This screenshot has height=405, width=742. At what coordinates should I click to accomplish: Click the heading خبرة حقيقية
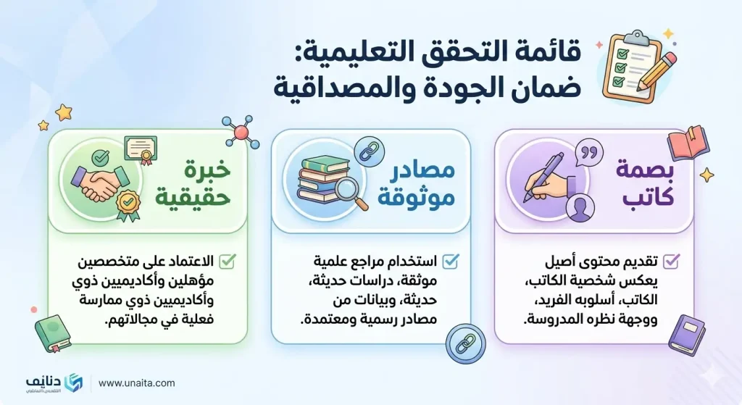194,183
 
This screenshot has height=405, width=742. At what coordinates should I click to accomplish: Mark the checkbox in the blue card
449,260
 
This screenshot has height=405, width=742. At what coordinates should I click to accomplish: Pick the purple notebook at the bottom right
686,335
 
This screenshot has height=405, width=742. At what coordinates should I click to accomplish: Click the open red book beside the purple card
687,143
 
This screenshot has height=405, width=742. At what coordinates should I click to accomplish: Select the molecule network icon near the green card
237,131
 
